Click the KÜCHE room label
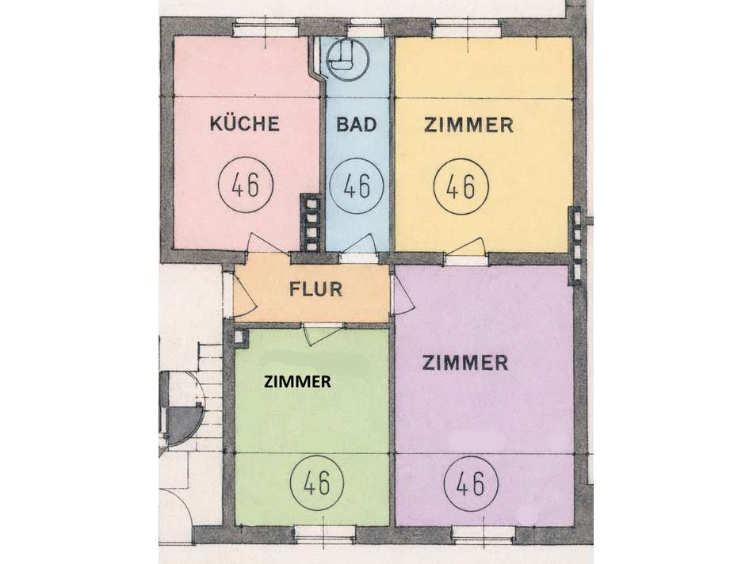pos(244,123)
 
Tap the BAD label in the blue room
pos(357,124)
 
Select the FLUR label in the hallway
pos(315,289)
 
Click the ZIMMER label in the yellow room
pos(468,125)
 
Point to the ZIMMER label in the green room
pos(298,382)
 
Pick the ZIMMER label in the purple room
pos(464,362)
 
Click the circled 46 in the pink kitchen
pos(246,185)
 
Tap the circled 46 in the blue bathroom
pos(357,186)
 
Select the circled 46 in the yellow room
pos(461,185)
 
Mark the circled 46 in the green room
pos(317,482)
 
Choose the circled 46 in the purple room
pos(471,483)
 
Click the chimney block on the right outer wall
pos(575,246)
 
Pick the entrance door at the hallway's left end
pos(246,293)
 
